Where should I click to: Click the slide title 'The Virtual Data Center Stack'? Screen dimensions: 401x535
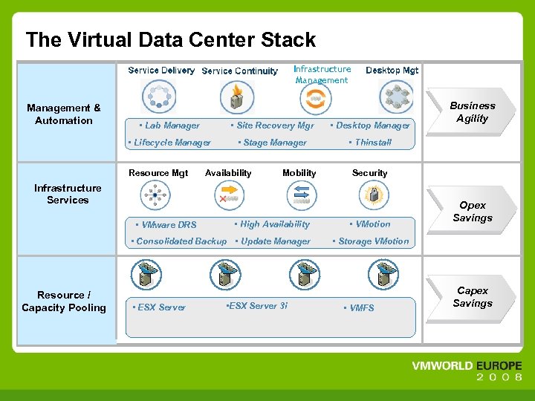point(170,40)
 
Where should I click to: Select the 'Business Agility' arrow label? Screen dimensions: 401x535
point(472,112)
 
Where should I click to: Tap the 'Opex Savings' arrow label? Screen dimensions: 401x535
point(472,212)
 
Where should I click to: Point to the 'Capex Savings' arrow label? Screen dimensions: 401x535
point(472,297)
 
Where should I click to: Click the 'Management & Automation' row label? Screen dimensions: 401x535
point(64,114)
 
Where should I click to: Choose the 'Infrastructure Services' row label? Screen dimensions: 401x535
point(68,194)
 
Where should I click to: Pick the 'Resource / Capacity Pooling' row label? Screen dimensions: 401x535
point(64,301)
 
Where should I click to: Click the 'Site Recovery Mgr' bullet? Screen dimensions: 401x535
point(273,125)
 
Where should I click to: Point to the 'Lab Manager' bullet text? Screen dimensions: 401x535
point(172,125)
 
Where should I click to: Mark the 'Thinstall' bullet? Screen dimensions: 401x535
point(372,143)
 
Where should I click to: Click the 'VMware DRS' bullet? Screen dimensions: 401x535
point(169,225)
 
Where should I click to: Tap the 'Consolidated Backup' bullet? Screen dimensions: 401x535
point(181,241)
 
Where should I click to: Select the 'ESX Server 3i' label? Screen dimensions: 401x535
point(257,306)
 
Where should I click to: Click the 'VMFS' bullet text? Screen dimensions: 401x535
point(361,308)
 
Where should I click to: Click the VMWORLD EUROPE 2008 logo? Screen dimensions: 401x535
point(467,371)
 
